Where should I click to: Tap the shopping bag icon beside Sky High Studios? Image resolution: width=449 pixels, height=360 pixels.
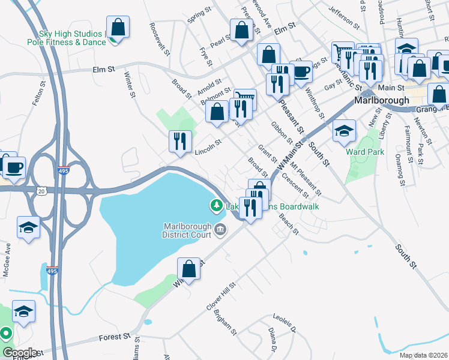(118, 28)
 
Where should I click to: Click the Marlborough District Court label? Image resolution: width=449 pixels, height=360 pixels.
(187, 230)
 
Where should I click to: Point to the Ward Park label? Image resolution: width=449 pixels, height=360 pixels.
(365, 152)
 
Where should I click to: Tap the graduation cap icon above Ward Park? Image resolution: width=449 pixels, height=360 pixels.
(344, 131)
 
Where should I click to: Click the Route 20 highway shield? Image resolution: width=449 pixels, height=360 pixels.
(40, 191)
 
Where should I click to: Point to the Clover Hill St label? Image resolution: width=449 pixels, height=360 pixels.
(218, 298)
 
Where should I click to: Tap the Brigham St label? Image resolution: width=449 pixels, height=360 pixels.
(227, 325)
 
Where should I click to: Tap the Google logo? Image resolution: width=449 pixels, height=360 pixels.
(19, 353)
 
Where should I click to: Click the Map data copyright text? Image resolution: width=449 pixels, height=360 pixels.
(423, 355)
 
